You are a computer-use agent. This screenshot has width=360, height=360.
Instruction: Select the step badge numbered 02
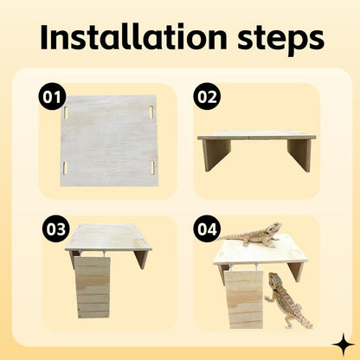pos(207,97)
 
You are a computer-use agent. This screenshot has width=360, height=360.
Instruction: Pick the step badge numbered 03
pos(55,229)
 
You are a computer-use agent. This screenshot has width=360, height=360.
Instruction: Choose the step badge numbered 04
pos(207,229)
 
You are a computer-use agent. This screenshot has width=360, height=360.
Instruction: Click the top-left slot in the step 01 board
pos(64,112)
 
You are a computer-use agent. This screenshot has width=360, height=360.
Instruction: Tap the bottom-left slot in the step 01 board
pos(64,165)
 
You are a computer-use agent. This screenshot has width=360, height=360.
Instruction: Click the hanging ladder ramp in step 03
pos(93,286)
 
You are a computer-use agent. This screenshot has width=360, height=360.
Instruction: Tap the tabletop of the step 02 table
pos(256,136)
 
